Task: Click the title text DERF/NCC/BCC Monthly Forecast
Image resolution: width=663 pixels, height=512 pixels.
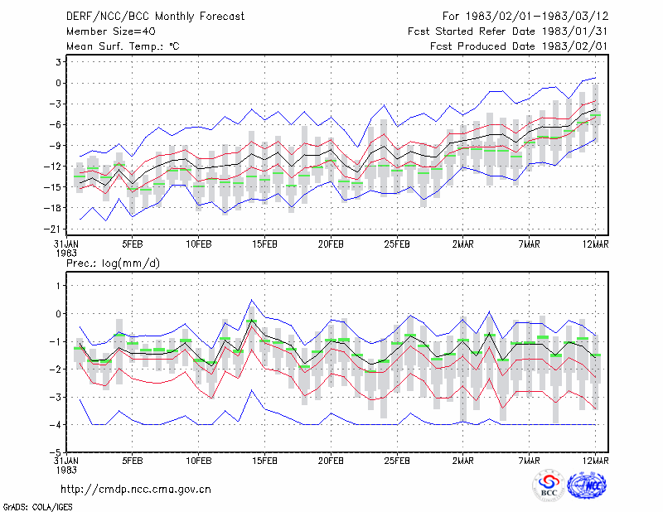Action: pos(155,17)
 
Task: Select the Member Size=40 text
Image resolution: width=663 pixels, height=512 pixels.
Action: pos(111,31)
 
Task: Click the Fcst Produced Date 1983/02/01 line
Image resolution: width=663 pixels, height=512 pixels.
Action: pos(519,46)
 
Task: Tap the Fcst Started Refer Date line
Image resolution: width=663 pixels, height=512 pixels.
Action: pos(508,31)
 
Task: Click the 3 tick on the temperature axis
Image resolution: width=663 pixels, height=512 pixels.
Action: pos(58,62)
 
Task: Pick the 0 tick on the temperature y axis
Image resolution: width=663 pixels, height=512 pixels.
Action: pos(58,83)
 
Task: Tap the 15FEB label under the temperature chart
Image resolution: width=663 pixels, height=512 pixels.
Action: pos(264,244)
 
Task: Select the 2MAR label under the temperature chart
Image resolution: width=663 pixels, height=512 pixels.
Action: pos(463,244)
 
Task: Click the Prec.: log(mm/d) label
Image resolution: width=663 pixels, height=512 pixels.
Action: pos(113,263)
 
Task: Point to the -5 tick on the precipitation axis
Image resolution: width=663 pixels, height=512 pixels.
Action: pos(55,452)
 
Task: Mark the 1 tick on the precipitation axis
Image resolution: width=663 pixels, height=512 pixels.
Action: pos(59,286)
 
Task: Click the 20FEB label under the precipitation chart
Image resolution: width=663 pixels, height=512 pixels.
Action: pos(331,461)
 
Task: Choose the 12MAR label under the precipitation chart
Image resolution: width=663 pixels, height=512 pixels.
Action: pos(595,461)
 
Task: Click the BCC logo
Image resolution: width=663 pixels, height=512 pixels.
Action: pos(549,486)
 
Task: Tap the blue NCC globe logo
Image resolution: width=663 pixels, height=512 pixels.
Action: pos(587,485)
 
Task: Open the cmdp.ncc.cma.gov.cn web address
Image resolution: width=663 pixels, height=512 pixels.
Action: pos(136,490)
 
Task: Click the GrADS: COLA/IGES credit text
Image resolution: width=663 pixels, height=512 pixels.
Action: pos(37,507)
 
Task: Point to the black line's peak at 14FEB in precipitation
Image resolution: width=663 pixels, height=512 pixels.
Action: pos(252,320)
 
